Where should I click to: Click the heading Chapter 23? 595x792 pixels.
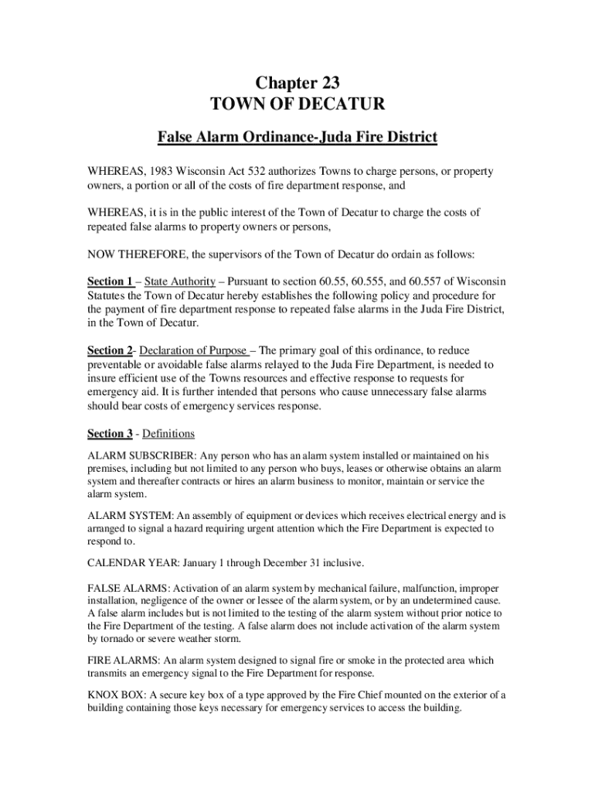297,84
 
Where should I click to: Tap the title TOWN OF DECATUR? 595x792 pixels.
297,105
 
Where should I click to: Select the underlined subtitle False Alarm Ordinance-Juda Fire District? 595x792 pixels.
297,138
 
